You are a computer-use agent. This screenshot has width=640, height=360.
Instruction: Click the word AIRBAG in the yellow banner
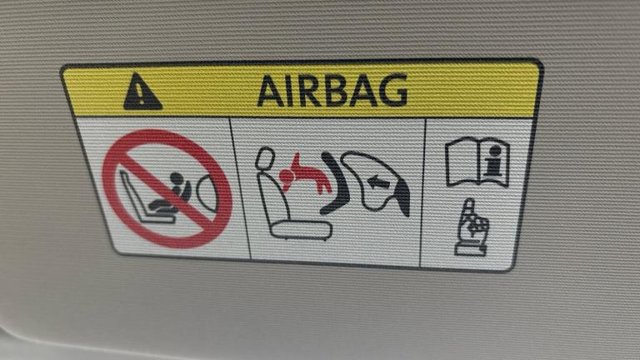(x=332, y=91)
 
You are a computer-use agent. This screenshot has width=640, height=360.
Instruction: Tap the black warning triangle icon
(x=142, y=92)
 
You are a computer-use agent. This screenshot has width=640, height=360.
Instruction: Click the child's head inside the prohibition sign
(x=177, y=180)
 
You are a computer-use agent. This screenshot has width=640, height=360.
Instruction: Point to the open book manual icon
(x=477, y=162)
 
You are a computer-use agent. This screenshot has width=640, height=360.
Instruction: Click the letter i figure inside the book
(x=494, y=160)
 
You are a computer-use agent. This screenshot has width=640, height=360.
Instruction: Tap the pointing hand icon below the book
(x=472, y=227)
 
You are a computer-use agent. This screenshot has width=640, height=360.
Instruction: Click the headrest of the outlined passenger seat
(x=265, y=158)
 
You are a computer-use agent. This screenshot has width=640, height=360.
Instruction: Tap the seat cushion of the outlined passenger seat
(x=301, y=229)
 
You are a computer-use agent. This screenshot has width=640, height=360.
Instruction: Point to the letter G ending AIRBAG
(x=393, y=90)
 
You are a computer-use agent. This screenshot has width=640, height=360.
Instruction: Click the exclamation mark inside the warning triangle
(x=140, y=95)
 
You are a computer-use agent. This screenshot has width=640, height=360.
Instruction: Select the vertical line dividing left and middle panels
(x=240, y=188)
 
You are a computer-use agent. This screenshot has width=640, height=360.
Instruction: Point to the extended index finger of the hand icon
(x=470, y=207)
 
